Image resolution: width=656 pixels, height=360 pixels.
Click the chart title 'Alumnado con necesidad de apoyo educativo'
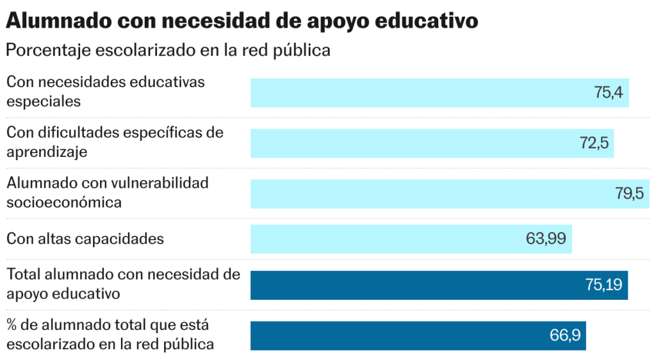click(242, 20)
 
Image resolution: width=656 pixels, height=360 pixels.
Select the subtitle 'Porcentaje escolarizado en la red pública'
click(168, 50)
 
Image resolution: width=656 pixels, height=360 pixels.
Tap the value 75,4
click(608, 93)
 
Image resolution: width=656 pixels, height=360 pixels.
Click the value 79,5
click(629, 194)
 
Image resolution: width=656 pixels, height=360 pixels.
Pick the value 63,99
click(546, 239)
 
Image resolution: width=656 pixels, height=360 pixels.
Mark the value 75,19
click(603, 285)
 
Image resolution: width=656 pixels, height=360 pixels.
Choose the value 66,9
click(564, 336)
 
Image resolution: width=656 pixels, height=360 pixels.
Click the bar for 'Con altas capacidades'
click(384, 239)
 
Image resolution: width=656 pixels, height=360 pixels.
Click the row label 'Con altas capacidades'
click(85, 239)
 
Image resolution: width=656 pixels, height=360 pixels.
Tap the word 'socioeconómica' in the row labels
click(64, 202)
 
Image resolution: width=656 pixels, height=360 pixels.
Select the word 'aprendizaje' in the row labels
click(47, 152)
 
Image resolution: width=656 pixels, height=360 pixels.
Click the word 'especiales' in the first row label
click(44, 101)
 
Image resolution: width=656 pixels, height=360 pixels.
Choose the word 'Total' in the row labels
click(24, 275)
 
